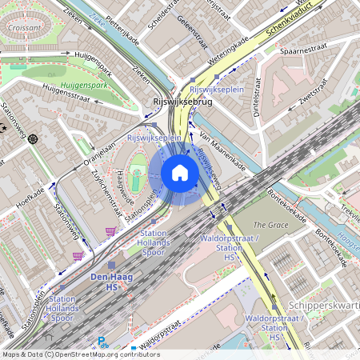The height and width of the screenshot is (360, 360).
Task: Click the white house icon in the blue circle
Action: (180, 173)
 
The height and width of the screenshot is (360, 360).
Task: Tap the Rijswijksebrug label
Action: (181, 102)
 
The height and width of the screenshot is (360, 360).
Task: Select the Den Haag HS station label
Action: (109, 280)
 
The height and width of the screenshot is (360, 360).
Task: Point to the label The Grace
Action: (270, 225)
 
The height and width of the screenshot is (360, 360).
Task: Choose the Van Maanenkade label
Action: (222, 148)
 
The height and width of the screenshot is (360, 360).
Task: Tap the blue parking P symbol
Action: (102, 342)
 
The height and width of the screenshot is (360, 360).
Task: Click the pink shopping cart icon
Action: (78, 256)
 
